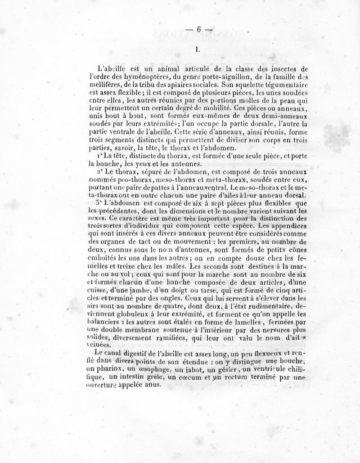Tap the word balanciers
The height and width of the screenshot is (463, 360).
point(106,323)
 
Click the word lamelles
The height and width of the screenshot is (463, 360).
point(239,323)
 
